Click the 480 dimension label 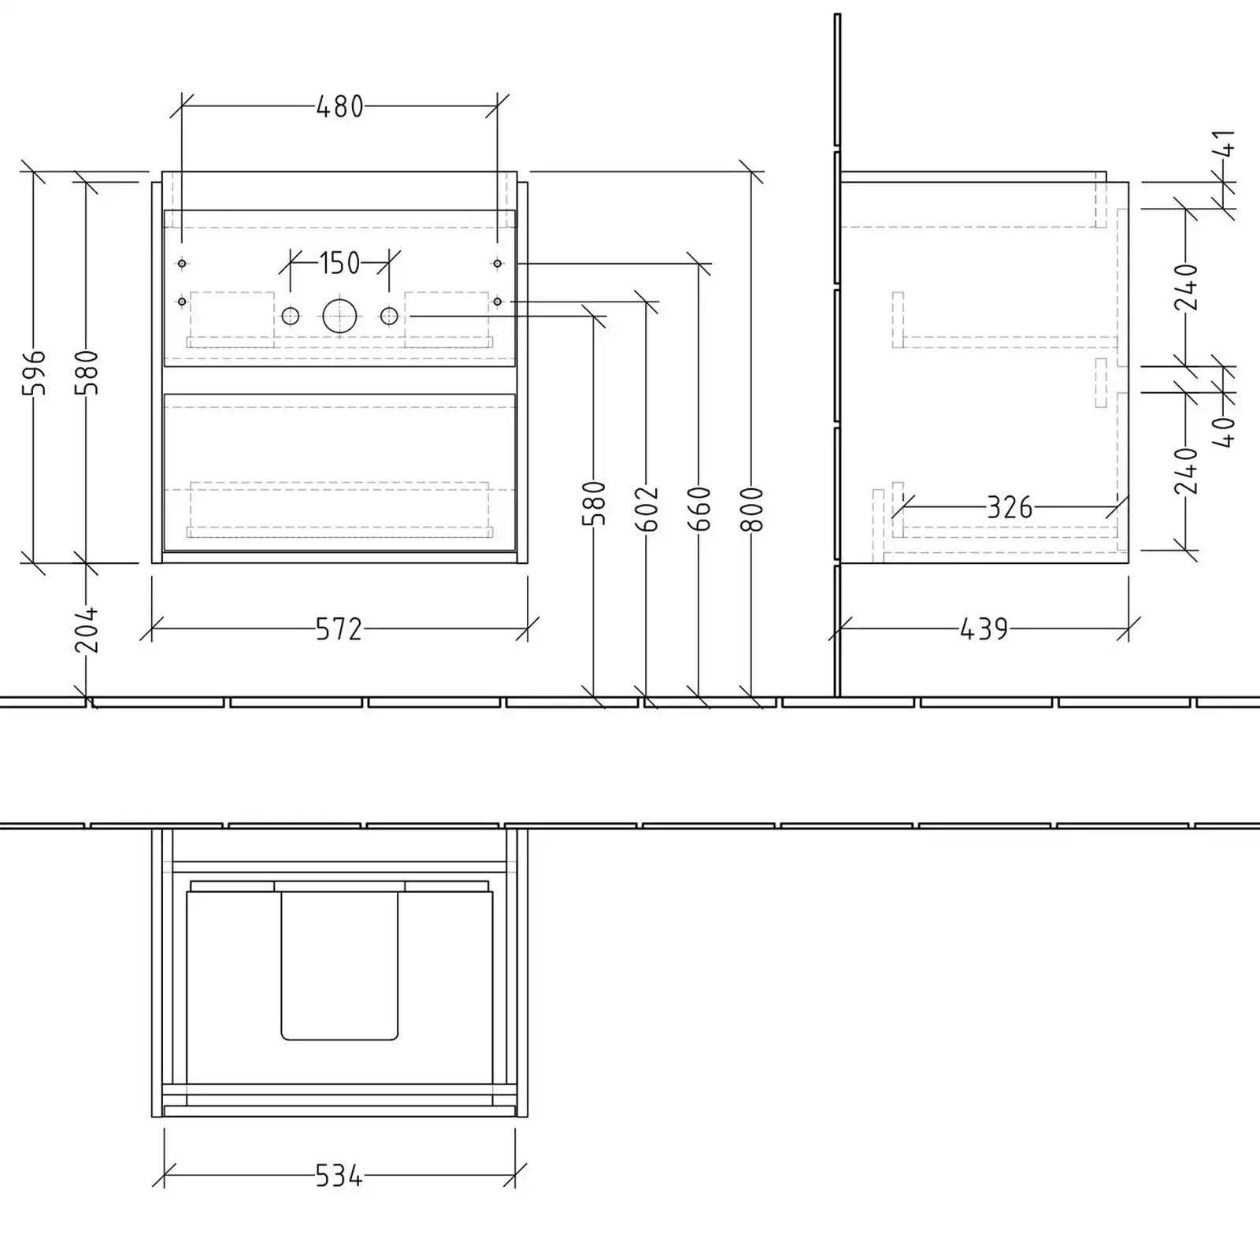coord(339,106)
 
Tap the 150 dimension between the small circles coord(339,263)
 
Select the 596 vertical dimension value coord(35,372)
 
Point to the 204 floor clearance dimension coord(87,629)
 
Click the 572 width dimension coord(339,629)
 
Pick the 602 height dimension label coord(647,509)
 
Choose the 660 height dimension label coord(699,509)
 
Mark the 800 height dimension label coord(753,509)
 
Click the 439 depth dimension coord(984,629)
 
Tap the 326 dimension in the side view coord(1010,508)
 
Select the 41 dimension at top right coord(1225,144)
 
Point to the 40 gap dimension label coord(1225,432)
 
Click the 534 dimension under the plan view coord(339,1177)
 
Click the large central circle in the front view coord(339,316)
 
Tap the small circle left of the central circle coord(291,316)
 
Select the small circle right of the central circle coord(389,316)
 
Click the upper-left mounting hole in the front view coord(182,263)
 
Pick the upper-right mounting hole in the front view coord(497,263)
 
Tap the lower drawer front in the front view coord(339,472)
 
